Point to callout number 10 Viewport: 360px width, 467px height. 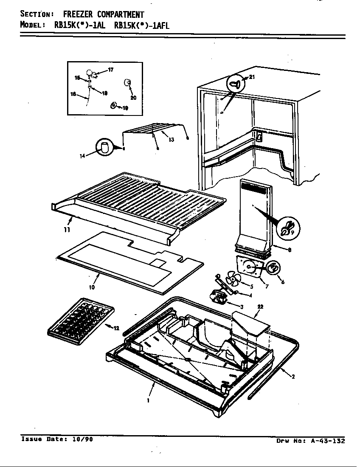click(x=92, y=287)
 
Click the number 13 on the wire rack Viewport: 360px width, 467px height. click(x=171, y=140)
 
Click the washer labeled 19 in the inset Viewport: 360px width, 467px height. click(x=114, y=105)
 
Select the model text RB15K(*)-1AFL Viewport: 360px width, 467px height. click(x=142, y=25)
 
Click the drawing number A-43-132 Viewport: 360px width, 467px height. click(x=327, y=441)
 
